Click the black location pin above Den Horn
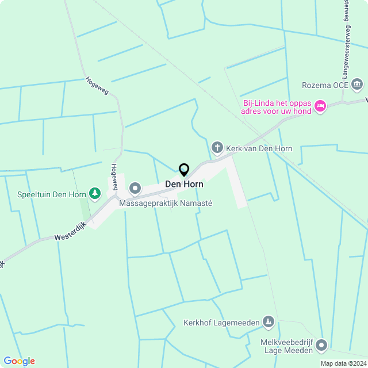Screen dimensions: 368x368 pos(184,170)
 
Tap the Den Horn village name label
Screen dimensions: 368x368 pos(184,185)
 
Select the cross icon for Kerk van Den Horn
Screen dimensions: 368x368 pos(217,148)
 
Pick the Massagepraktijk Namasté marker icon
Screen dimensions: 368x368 pos(135,188)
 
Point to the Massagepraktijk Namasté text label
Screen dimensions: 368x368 pos(166,203)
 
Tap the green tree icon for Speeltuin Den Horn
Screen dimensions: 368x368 pos(95,194)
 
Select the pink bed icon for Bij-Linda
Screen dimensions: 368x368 pos(320,106)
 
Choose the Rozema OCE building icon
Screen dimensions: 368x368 pos(357,85)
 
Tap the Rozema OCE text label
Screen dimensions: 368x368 pos(325,86)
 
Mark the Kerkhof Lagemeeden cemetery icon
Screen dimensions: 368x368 pos(268,322)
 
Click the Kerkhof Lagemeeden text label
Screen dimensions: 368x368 pos(221,323)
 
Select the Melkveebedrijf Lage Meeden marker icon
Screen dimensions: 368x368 pos(321,345)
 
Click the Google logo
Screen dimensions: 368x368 pos(19,361)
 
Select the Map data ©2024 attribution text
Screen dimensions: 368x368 pos(343,363)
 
